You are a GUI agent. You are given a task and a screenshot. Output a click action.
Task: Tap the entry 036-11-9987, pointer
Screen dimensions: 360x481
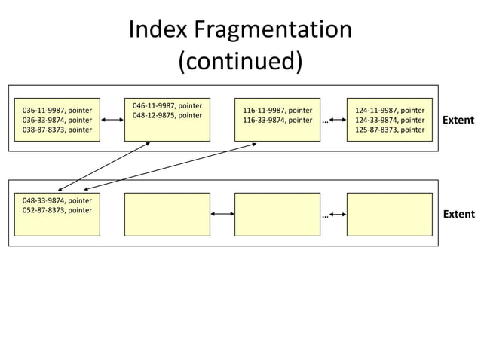coord(57,110)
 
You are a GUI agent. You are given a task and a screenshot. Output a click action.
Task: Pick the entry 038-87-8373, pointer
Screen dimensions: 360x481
coord(57,130)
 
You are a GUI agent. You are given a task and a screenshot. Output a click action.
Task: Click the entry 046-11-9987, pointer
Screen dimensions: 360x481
coord(167,106)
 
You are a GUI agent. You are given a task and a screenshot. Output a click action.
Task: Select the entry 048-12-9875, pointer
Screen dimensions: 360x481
coord(167,116)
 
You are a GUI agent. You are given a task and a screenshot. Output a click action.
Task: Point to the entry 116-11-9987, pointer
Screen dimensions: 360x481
coord(277,110)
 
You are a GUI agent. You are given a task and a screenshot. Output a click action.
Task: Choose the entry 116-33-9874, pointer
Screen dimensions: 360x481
coord(277,120)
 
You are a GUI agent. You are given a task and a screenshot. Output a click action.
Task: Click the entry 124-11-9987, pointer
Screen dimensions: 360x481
coord(389,110)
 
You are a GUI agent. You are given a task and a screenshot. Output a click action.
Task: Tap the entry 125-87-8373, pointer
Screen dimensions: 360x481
coord(389,130)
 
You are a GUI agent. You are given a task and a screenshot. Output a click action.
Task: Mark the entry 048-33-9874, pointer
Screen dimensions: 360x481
coord(57,200)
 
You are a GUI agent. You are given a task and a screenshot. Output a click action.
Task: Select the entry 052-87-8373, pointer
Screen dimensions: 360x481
coord(57,210)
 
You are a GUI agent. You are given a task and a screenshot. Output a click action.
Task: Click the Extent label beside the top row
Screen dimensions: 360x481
coord(458,120)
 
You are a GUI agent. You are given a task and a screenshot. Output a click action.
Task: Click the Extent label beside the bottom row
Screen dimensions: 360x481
coord(458,214)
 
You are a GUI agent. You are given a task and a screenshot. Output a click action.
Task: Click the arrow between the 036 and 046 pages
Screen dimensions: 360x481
coord(112,120)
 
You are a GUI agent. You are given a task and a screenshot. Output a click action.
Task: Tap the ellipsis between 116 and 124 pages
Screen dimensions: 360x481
coord(325,121)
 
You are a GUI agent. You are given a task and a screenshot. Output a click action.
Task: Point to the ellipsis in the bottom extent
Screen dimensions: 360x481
coord(325,215)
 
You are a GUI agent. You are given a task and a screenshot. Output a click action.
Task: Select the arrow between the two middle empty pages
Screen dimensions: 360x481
coord(222,214)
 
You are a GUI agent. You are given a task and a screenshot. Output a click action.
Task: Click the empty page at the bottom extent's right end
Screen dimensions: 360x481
coord(389,214)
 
